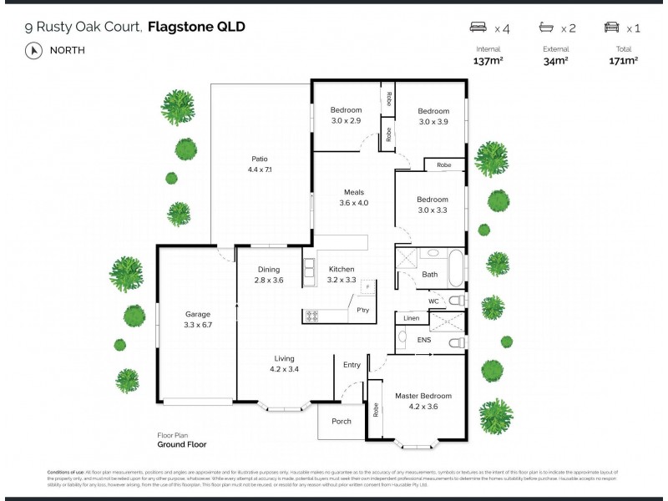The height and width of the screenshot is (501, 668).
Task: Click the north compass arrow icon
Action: [34, 50]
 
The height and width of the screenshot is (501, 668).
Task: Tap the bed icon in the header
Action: [480, 28]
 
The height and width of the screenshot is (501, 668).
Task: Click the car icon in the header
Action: [612, 28]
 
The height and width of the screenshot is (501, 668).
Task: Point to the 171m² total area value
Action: [624, 60]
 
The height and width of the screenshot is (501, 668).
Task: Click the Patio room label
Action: [260, 159]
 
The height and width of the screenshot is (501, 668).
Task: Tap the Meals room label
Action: [353, 191]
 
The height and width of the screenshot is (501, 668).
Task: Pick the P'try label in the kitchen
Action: [362, 310]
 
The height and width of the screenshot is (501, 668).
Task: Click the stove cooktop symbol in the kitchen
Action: [312, 316]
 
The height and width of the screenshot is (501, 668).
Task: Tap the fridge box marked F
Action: [368, 287]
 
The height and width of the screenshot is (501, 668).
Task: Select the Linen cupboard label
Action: [411, 318]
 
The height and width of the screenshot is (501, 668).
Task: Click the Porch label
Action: [342, 422]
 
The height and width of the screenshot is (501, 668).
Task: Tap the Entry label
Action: [352, 364]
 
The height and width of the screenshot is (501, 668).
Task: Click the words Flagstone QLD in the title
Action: [196, 28]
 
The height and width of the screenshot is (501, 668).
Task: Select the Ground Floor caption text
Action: [181, 445]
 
